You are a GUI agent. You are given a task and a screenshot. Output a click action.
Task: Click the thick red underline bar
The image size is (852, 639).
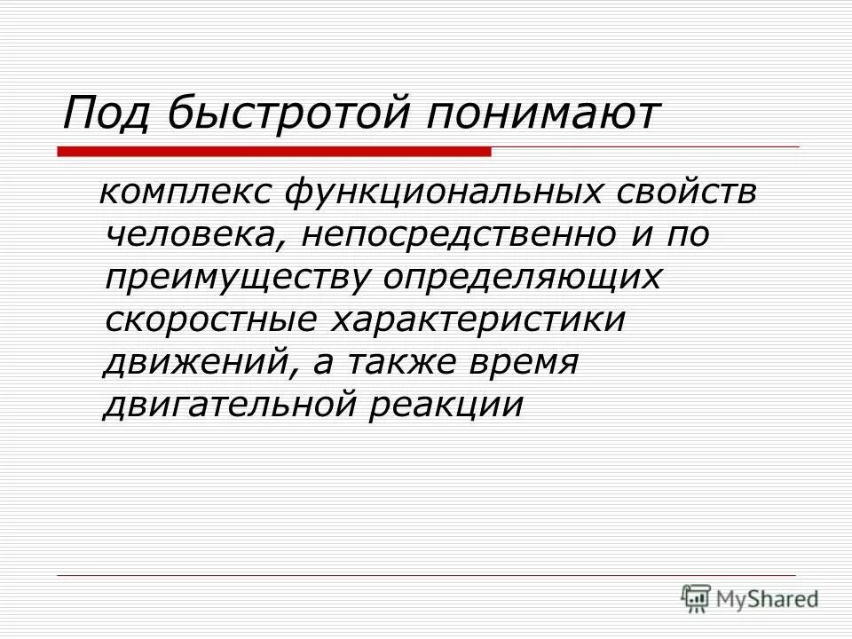tap(274, 153)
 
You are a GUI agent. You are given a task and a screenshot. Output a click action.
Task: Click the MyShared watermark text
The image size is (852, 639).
tap(769, 597)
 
